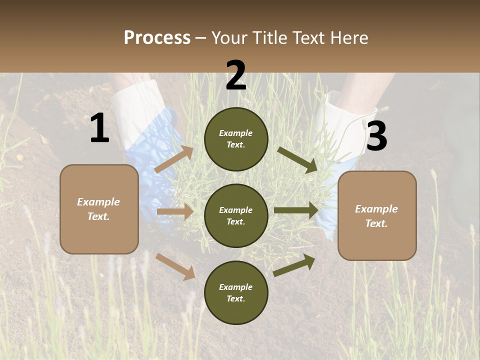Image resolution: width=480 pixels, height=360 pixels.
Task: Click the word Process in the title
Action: point(157,38)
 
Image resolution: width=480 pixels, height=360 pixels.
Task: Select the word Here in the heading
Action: point(348,38)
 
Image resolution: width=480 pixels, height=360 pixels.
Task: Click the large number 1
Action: point(99,128)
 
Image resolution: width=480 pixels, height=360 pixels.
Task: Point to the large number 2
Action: point(236,75)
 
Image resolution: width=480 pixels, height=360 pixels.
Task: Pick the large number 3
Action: point(376,136)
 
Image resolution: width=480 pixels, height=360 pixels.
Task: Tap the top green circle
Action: point(236,139)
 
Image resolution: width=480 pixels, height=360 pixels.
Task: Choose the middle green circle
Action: point(236,215)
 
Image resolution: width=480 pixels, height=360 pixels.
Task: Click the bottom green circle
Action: point(236,292)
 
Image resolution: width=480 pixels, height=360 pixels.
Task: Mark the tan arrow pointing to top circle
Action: point(174,159)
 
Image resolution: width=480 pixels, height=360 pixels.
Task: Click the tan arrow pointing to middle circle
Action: point(175,211)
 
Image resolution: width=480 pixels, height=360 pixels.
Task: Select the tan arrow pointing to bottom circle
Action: point(175,266)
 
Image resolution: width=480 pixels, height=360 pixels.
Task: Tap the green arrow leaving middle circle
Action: point(296,210)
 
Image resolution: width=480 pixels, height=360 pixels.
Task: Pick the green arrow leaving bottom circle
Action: point(294,265)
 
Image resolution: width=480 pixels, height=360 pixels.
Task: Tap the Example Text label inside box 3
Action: point(376,216)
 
